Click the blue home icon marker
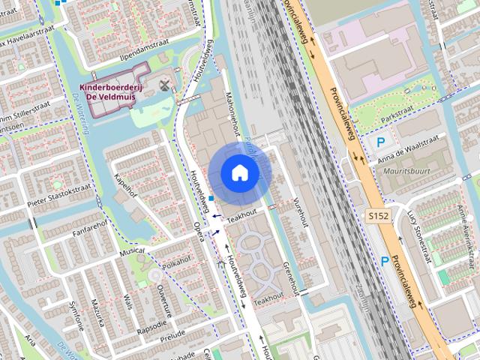(240, 173)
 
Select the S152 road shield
(379, 216)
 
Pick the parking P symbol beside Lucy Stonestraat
(385, 261)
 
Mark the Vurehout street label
(301, 212)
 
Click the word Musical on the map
(132, 251)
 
